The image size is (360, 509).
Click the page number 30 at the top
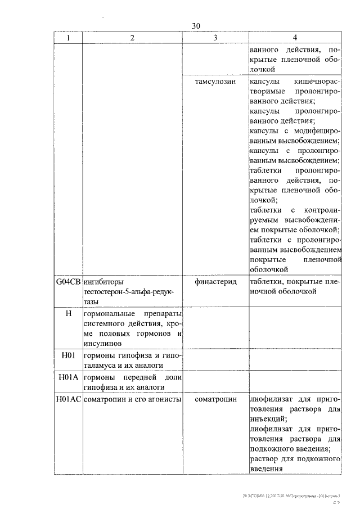point(195,26)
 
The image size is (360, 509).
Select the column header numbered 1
point(69,37)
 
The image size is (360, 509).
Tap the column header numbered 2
point(132,37)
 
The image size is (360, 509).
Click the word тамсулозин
point(214,82)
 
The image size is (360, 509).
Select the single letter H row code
point(69,313)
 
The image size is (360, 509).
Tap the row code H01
point(69,355)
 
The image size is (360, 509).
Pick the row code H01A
point(69,377)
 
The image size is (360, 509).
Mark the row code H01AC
point(69,399)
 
